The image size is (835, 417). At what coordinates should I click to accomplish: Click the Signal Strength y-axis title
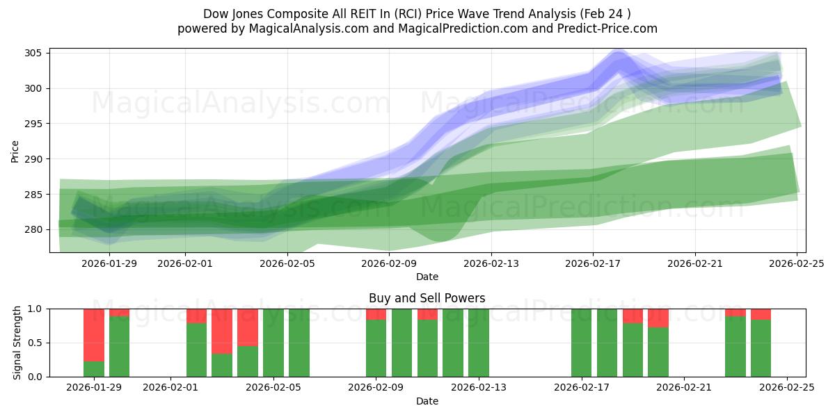coord(18,343)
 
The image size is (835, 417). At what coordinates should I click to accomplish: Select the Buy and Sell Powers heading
coord(427,298)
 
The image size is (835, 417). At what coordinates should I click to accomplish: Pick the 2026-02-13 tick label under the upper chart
coord(491,263)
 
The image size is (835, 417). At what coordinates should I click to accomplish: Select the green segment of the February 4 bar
coord(248,361)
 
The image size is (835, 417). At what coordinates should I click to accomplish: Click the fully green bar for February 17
coord(582,343)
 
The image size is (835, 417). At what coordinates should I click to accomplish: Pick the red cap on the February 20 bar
coord(658,318)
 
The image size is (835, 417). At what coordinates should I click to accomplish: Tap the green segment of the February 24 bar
coord(761,348)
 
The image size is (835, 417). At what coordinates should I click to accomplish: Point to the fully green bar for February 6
coord(299,343)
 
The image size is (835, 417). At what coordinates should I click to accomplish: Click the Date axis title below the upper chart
coord(427,277)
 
